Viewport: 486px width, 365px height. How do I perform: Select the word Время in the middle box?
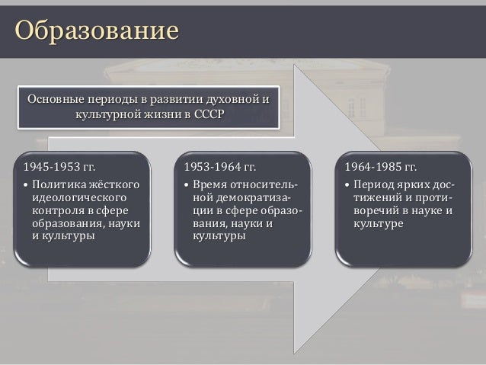tap(209, 185)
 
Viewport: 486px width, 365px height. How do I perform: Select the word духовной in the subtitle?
tap(225, 98)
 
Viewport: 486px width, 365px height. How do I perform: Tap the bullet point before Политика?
tap(26, 186)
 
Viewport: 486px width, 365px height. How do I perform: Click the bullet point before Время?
tap(188, 186)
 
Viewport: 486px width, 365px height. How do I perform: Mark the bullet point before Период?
tap(348, 186)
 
